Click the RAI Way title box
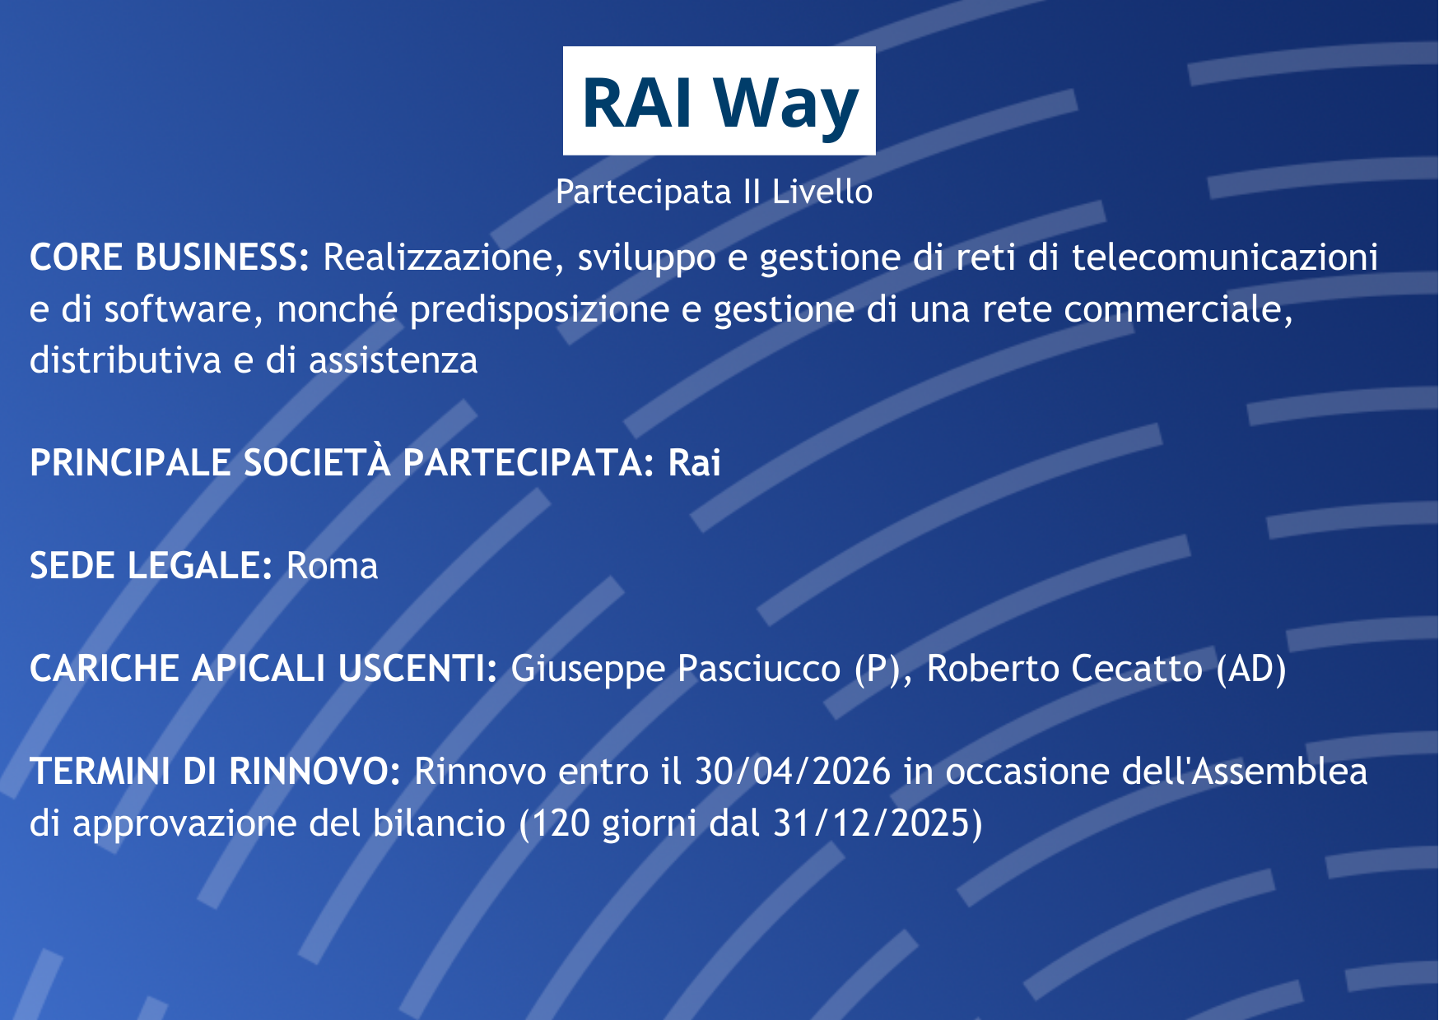click(719, 100)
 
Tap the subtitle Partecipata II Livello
click(714, 192)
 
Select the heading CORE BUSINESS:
click(170, 257)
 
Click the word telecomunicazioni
click(1225, 257)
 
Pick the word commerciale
click(1178, 310)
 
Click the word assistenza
click(393, 360)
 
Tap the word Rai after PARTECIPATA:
click(694, 463)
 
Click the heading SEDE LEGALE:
click(151, 566)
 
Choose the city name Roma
click(332, 566)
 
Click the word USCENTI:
click(417, 669)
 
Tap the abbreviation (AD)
click(1251, 669)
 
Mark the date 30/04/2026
click(793, 772)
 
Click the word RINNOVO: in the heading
click(314, 772)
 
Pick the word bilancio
click(440, 823)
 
